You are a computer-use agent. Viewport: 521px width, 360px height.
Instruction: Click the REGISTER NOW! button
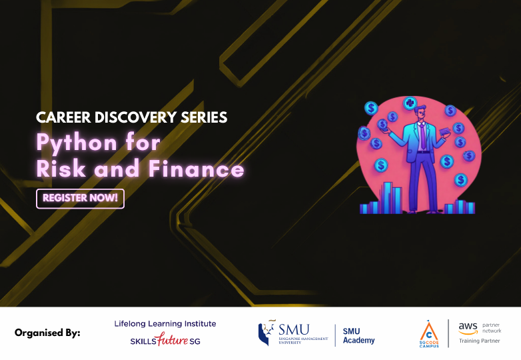point(80,199)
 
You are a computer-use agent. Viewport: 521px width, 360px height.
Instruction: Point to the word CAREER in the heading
point(62,118)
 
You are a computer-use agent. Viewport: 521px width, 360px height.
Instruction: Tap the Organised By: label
point(47,333)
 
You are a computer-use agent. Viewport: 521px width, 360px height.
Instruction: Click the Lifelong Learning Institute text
point(165,324)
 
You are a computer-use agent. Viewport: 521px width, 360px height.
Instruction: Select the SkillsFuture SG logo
point(165,341)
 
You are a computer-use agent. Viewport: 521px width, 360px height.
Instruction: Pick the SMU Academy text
point(358,335)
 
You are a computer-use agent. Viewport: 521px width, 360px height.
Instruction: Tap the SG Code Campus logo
point(428,333)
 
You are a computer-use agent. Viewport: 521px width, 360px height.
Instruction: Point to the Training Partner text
point(480,341)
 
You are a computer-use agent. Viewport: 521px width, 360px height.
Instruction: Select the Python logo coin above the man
point(410,103)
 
